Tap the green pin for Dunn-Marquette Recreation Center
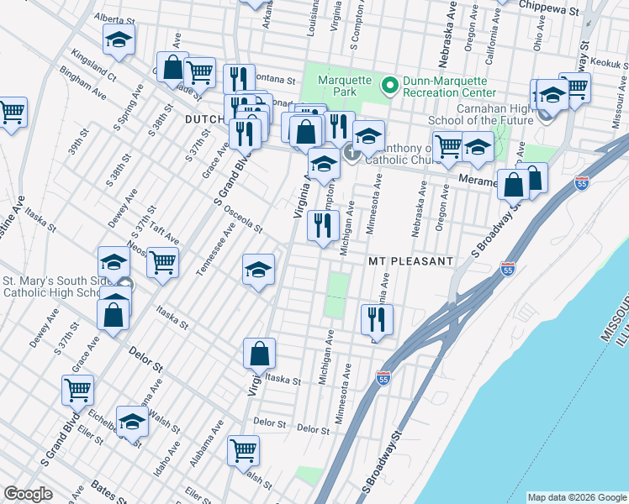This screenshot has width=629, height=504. point(389,85)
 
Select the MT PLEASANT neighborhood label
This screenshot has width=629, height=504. point(410,261)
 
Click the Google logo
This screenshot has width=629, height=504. point(28,494)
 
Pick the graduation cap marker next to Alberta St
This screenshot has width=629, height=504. point(119,39)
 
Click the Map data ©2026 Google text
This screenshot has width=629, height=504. point(576,497)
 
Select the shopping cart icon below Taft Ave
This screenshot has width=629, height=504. point(162,262)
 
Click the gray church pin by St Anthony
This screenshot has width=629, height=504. point(351,152)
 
